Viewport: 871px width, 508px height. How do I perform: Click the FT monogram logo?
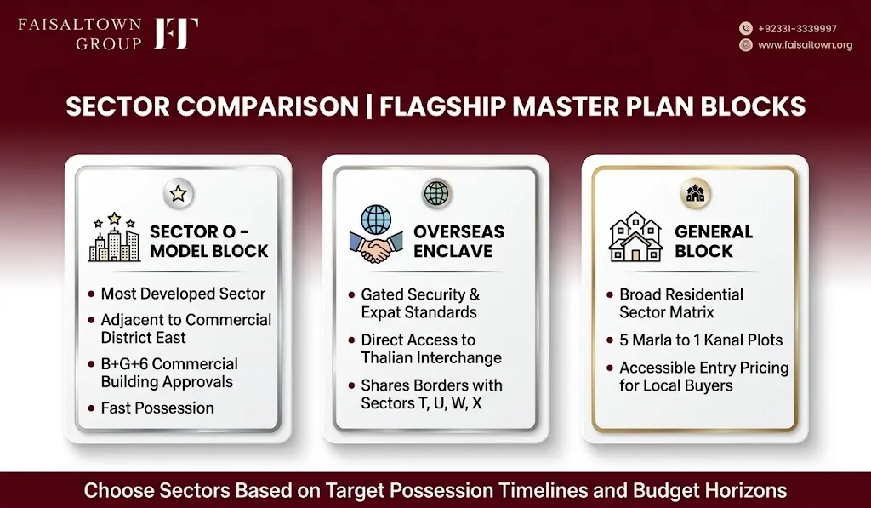click(x=175, y=33)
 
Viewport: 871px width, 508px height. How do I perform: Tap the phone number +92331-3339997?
click(x=797, y=29)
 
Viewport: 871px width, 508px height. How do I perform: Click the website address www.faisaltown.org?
click(x=805, y=45)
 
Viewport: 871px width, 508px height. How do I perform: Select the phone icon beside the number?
click(x=745, y=28)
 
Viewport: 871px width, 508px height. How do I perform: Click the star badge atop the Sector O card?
click(x=179, y=193)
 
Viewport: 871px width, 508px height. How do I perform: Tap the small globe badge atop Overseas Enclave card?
click(x=436, y=193)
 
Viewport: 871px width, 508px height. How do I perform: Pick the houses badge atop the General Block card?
click(x=695, y=193)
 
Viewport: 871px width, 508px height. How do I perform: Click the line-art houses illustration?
click(x=635, y=237)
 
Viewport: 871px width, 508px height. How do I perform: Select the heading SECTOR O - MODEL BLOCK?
click(x=209, y=241)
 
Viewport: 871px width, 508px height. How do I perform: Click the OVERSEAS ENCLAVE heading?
click(x=458, y=241)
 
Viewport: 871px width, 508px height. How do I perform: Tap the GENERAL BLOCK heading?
click(x=714, y=241)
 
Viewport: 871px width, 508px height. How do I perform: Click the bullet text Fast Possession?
click(x=157, y=408)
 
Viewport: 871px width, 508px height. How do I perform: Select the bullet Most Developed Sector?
click(x=184, y=294)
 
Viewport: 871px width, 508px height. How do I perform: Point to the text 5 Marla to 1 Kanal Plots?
click(x=701, y=340)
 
